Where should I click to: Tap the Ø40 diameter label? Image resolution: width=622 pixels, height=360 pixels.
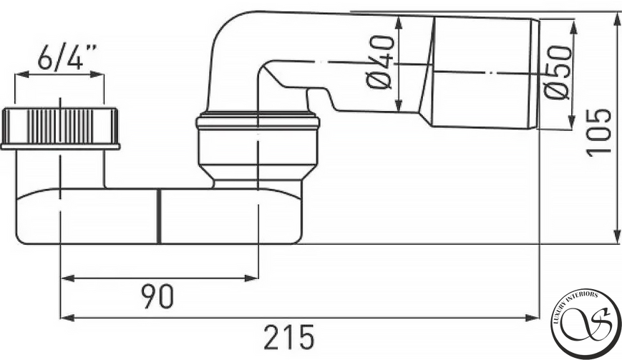379,62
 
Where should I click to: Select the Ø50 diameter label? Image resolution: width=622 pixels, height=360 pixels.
557,72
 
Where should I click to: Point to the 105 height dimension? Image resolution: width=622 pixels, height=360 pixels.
598,132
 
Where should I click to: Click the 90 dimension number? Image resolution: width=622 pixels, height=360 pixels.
157,296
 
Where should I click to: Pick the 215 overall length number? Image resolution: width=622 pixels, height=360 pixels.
289,337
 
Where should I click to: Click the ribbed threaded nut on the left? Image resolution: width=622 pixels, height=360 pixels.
60,126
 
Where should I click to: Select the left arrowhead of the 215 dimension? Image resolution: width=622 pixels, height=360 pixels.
67,318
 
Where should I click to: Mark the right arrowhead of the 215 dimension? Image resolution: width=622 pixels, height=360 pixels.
532,318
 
